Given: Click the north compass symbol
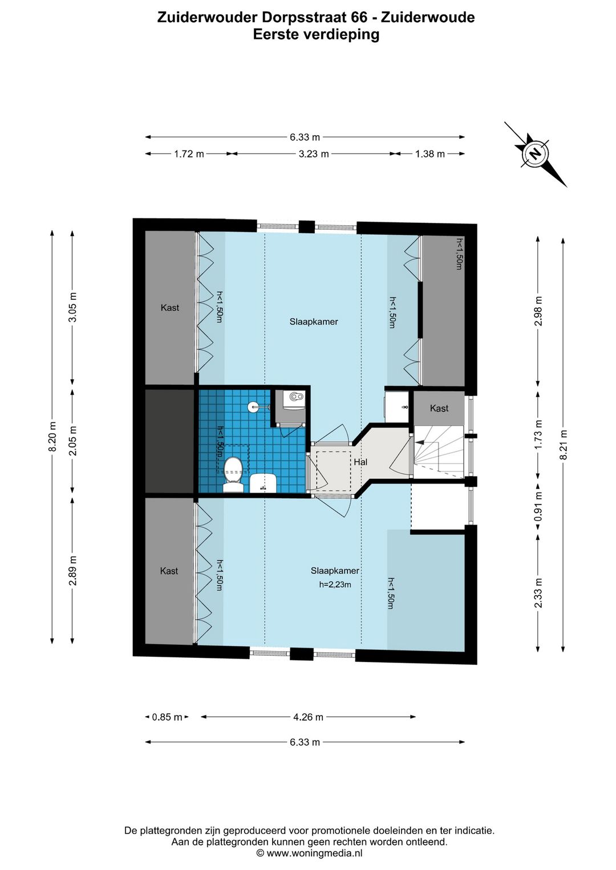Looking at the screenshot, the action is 536,154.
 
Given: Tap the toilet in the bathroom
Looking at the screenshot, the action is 233,474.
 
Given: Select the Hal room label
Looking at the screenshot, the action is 360,462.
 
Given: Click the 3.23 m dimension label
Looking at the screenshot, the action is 314,154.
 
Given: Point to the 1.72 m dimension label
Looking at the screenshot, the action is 189,154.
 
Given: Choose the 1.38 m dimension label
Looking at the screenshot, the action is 430,154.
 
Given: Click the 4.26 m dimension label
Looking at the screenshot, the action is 308,717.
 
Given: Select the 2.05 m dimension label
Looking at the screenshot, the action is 73,441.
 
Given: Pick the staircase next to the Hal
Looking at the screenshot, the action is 439,452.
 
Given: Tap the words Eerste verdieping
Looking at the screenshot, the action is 316,35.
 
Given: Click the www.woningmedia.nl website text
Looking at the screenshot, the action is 314,853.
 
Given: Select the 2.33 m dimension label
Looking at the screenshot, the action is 538,593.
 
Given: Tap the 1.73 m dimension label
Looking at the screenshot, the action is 538,434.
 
